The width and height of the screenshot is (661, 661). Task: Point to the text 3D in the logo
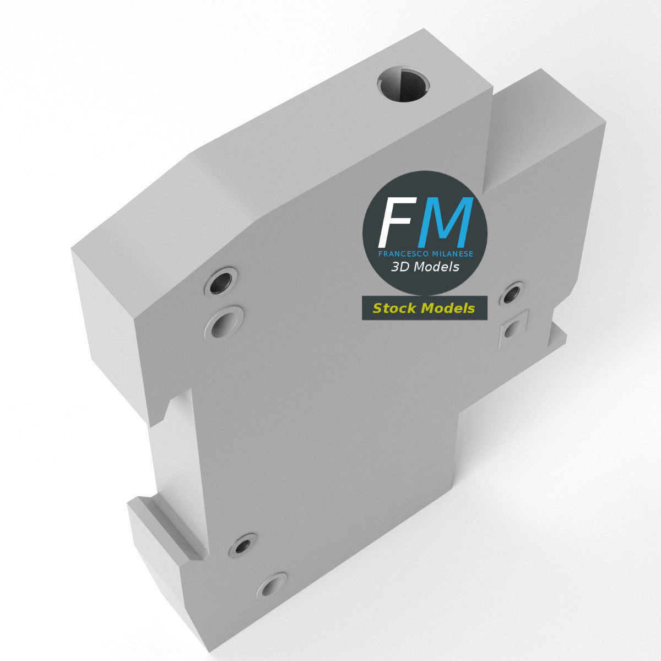[399, 267]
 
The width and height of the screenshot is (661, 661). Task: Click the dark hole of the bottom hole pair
[242, 546]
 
